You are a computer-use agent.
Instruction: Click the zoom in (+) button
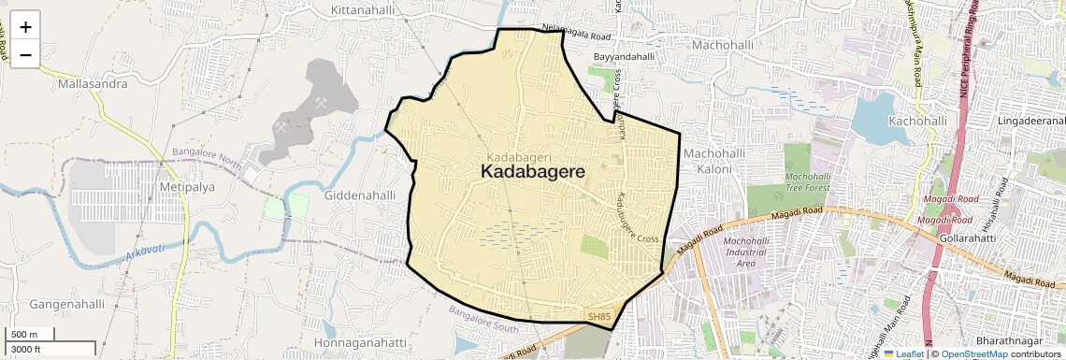pos(25,26)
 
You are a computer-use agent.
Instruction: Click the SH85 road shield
pos(599,318)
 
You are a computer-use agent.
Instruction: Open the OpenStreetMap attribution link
pos(973,353)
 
